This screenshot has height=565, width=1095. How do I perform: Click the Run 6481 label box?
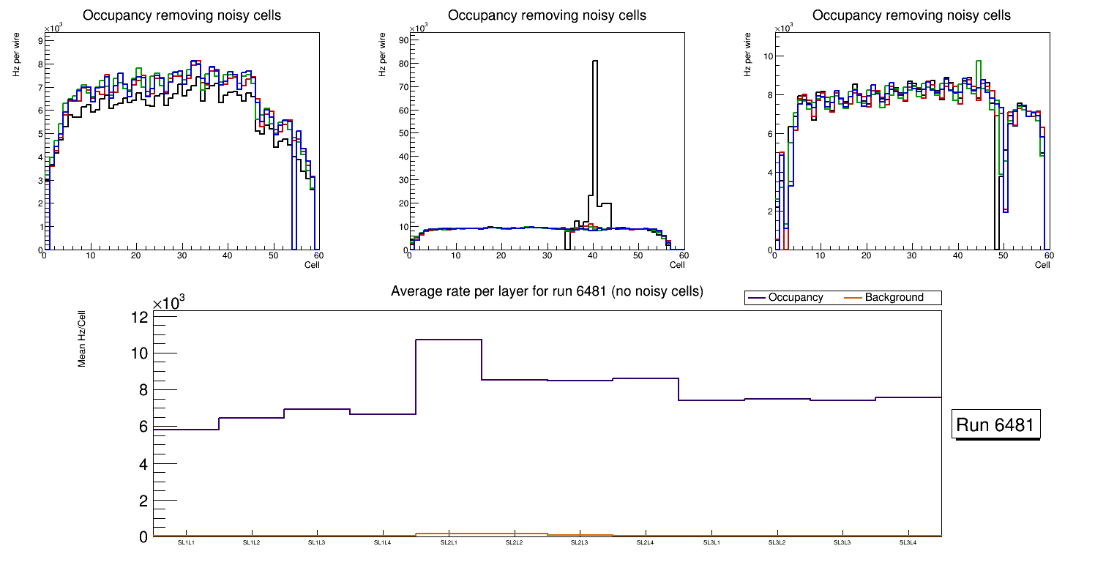coord(997,424)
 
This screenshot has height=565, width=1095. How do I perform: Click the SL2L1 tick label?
coord(449,543)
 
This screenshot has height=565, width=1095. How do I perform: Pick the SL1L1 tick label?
coord(186,543)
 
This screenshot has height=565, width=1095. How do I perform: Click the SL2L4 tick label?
coord(645,543)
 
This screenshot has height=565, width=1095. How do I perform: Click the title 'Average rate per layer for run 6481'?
coord(547,291)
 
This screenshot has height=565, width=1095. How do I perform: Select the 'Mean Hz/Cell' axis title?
coord(83,338)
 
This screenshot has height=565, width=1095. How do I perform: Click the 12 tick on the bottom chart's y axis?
coord(140,317)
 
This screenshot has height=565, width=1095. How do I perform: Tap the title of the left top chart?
coord(182,15)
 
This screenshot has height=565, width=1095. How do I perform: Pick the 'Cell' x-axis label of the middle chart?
coord(677,265)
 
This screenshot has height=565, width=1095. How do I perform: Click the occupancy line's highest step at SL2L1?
coord(449,340)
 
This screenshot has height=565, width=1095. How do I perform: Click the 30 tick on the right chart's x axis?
coord(911,256)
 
